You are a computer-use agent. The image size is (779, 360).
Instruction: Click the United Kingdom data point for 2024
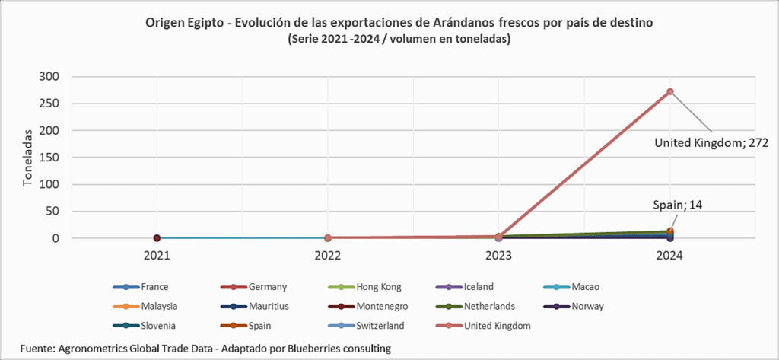pos(670,91)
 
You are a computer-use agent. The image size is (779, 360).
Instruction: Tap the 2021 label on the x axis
pos(157,256)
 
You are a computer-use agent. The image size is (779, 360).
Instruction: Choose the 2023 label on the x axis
pos(499,256)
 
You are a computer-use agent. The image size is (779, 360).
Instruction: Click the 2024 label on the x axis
pos(670,256)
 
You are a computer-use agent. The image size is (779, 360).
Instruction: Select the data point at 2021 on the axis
pos(157,238)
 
